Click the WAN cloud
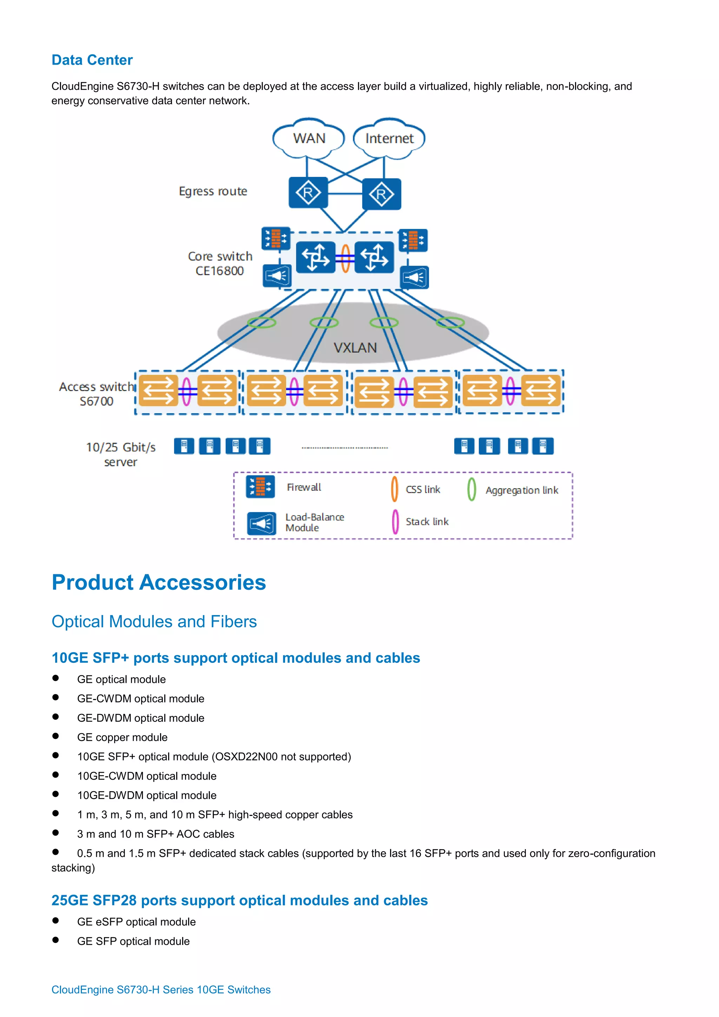[x=309, y=139]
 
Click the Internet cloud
[x=389, y=139]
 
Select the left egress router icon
[x=308, y=193]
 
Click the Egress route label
[x=213, y=191]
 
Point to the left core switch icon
[x=315, y=257]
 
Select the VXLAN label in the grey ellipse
[x=355, y=348]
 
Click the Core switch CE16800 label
[x=220, y=264]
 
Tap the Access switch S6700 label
[x=96, y=394]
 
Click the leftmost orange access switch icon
[x=158, y=391]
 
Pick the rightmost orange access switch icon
[x=540, y=390]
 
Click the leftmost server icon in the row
[x=184, y=446]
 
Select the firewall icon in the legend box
[x=260, y=487]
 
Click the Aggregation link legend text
[x=521, y=490]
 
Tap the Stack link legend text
[x=427, y=522]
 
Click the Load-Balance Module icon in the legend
[x=261, y=523]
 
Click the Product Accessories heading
[x=159, y=582]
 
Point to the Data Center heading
[x=92, y=60]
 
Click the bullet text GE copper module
[x=122, y=737]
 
